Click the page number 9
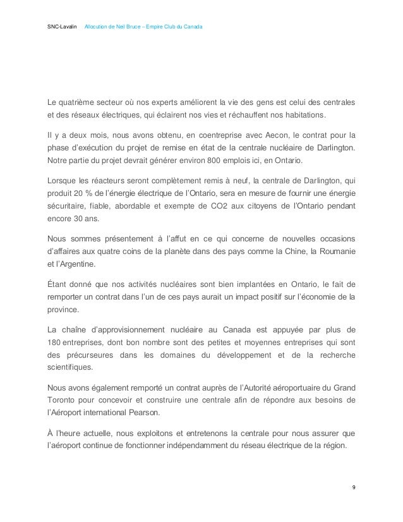point(353,488)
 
